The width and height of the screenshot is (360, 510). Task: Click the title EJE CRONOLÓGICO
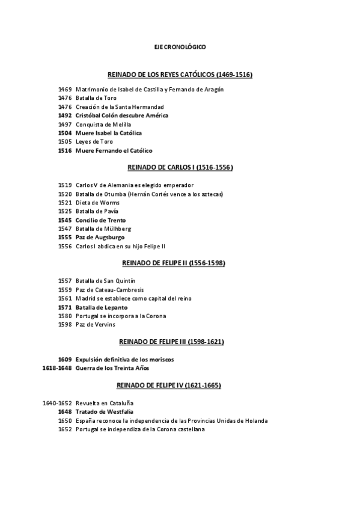180,46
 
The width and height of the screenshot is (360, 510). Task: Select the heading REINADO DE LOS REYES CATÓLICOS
180,75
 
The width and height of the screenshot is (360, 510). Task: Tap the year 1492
65,115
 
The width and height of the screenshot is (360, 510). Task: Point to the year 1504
65,133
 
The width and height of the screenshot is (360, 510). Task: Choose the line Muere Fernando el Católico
114,150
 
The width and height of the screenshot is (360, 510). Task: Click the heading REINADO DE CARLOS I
180,167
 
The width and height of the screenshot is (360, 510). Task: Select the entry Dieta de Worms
97,203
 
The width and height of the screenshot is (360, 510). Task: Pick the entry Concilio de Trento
100,220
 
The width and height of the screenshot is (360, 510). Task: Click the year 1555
65,238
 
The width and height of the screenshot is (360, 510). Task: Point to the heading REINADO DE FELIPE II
180,263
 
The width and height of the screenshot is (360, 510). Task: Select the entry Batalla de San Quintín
105,281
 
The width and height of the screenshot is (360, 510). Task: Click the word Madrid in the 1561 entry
87,298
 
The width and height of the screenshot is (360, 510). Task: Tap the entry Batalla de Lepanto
102,307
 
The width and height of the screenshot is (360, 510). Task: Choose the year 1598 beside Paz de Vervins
65,325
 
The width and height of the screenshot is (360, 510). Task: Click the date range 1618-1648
57,368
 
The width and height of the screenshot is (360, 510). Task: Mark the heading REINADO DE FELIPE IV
180,384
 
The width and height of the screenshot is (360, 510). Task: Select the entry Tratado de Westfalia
104,412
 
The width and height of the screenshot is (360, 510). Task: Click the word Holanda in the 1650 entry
256,420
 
